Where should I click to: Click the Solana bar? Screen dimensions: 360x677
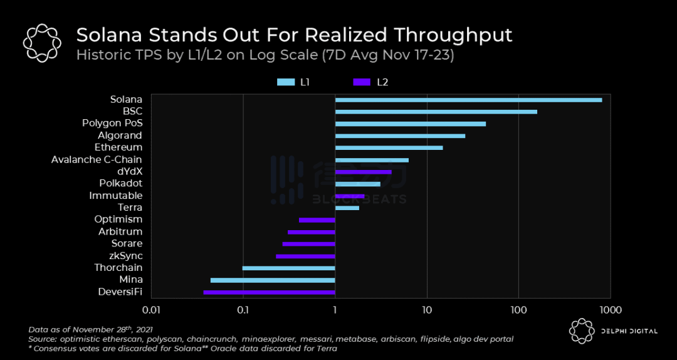click(x=468, y=100)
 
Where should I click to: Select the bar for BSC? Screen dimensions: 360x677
click(x=436, y=112)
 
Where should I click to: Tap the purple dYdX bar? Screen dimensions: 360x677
click(x=363, y=172)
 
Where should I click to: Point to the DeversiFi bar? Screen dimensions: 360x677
click(x=269, y=292)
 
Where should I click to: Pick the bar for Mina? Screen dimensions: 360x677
click(x=273, y=280)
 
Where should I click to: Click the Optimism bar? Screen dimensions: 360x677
click(x=317, y=220)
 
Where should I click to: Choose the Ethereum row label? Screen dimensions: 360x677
click(x=118, y=147)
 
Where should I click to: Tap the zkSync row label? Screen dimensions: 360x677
click(x=126, y=256)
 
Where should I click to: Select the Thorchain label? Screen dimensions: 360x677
click(x=118, y=268)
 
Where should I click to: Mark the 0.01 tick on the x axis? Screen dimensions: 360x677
click(x=151, y=310)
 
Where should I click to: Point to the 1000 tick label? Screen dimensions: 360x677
click(x=610, y=310)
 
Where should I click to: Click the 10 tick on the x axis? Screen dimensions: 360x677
click(x=427, y=310)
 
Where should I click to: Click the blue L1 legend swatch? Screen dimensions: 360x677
click(x=286, y=82)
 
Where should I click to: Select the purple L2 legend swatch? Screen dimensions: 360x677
click(x=362, y=82)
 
